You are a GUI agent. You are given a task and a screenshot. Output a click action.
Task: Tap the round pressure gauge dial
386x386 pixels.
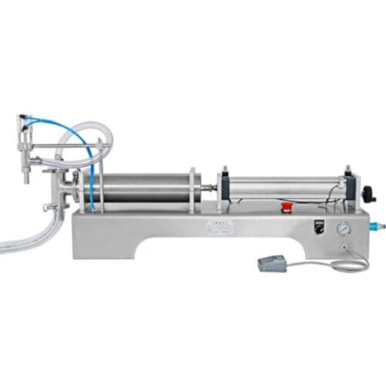tap(342, 229)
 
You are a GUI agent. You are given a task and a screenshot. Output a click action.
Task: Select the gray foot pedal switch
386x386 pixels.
tap(272, 263)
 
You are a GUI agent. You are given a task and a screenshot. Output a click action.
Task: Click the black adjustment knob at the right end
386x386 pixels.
tap(369, 194)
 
